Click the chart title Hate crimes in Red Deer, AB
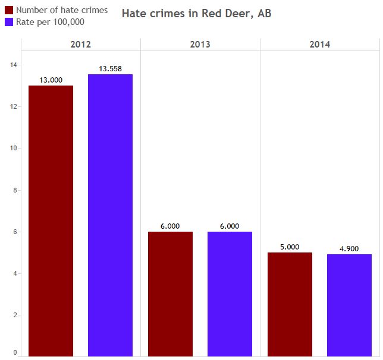[196, 13]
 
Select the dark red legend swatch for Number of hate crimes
[8, 10]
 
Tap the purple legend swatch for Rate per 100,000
[8, 22]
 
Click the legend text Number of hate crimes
[62, 10]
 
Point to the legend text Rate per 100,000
[50, 22]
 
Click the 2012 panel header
[81, 45]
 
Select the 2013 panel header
[200, 45]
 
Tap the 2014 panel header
[320, 45]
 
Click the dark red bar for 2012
[51, 220]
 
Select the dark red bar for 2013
[170, 293]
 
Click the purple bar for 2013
[230, 293]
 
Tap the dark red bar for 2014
[290, 304]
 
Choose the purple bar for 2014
[349, 305]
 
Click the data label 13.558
[110, 69]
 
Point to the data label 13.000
[51, 80]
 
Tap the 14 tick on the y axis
[14, 65]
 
